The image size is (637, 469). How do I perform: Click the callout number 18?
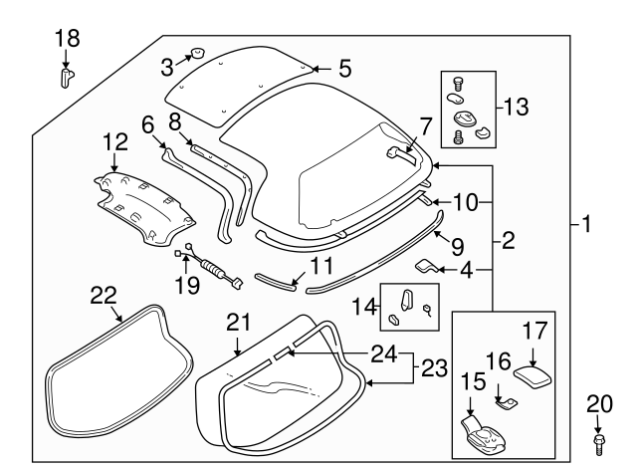67,39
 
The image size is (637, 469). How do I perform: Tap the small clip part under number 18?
67,77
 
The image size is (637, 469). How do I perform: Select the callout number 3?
168,66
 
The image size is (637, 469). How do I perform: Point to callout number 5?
344,69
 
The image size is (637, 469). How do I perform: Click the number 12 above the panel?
115,142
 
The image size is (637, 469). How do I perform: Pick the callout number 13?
520,106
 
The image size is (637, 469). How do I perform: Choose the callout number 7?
425,125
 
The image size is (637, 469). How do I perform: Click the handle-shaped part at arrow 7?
399,151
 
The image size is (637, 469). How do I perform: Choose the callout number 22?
104,294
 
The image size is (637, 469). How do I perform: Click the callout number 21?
236,321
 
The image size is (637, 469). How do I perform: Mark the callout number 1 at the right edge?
586,226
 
